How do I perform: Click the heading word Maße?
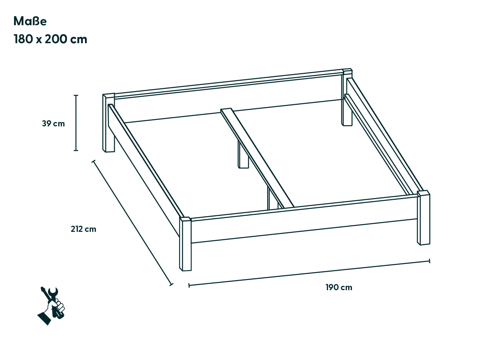point(30,21)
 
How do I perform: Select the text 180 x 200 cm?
point(50,39)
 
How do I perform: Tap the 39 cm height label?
point(53,124)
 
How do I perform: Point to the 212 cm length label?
point(84,229)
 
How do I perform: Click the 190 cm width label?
point(339,287)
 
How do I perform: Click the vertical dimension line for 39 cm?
point(76,123)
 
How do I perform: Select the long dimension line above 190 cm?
point(309,273)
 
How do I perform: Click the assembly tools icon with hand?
point(51,306)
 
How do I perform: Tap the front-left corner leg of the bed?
point(185,244)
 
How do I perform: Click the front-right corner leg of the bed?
point(423,218)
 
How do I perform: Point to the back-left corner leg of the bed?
point(108,123)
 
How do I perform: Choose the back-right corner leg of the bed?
point(347,97)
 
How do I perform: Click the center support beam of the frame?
point(257,158)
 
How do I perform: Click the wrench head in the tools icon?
point(53,292)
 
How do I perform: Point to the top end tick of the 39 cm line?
point(76,95)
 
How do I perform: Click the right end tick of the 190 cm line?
point(430,261)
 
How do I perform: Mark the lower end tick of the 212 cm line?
point(171,284)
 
